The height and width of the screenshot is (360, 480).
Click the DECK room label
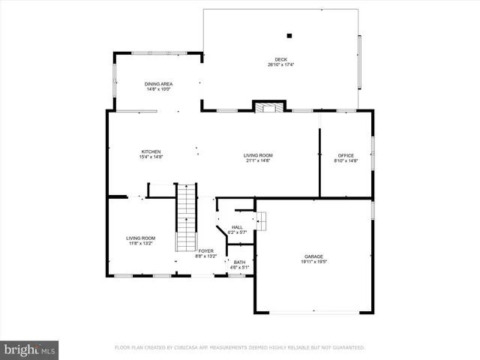click(281, 59)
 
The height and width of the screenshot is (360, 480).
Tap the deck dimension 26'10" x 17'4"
click(281, 65)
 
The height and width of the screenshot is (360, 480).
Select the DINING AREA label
click(158, 84)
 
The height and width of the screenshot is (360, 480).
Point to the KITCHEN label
click(151, 151)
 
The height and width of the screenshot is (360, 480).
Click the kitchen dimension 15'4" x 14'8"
click(151, 157)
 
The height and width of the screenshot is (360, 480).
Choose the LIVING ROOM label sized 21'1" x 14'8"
click(257, 154)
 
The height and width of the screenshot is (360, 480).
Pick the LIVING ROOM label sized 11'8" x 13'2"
click(140, 238)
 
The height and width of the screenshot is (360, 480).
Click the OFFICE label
click(346, 155)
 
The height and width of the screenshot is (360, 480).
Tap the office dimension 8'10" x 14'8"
click(346, 161)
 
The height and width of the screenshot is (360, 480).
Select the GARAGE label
click(313, 256)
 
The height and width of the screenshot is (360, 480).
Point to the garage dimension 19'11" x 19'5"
click(313, 262)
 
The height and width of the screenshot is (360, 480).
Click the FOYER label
click(205, 250)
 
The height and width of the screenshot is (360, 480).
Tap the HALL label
click(237, 227)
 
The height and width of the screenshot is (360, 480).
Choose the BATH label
click(238, 262)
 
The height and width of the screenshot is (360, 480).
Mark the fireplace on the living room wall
click(269, 106)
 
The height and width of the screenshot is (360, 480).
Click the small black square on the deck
click(289, 34)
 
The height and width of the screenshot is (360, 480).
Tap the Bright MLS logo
click(30, 349)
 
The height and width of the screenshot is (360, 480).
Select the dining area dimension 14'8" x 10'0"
click(158, 90)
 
